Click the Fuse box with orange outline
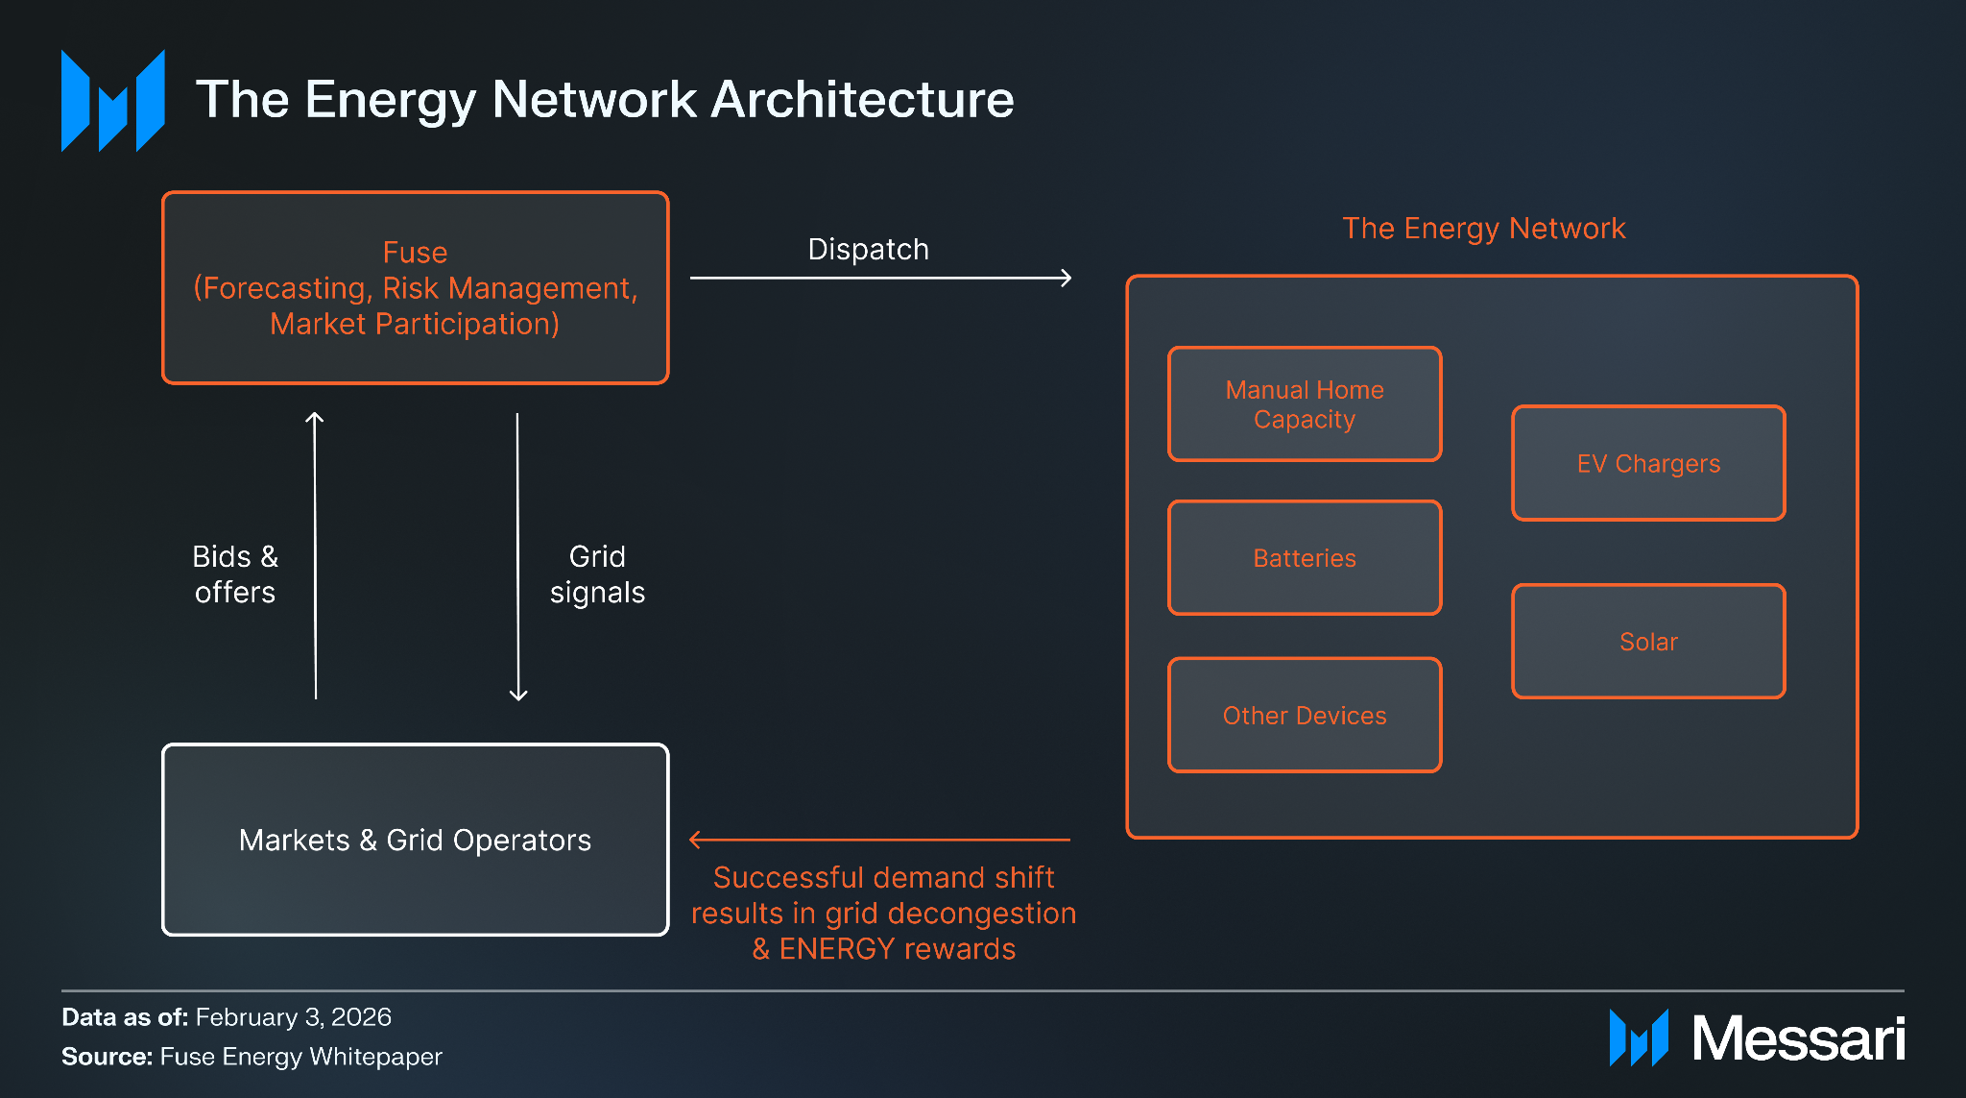click(416, 288)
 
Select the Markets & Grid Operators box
click(416, 840)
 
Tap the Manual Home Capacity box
click(1305, 404)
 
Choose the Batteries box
click(1305, 558)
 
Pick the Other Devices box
click(1305, 716)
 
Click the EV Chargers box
click(1648, 463)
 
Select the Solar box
click(1648, 641)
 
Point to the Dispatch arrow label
click(869, 249)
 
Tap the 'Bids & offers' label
click(235, 574)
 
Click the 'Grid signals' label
click(597, 574)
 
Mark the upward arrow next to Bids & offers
click(315, 555)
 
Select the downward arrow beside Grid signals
click(517, 557)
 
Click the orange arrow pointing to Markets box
click(879, 840)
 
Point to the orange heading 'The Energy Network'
click(1484, 229)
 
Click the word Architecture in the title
click(862, 99)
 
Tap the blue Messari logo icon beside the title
click(113, 101)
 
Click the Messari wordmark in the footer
click(1798, 1038)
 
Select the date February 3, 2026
click(294, 1017)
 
